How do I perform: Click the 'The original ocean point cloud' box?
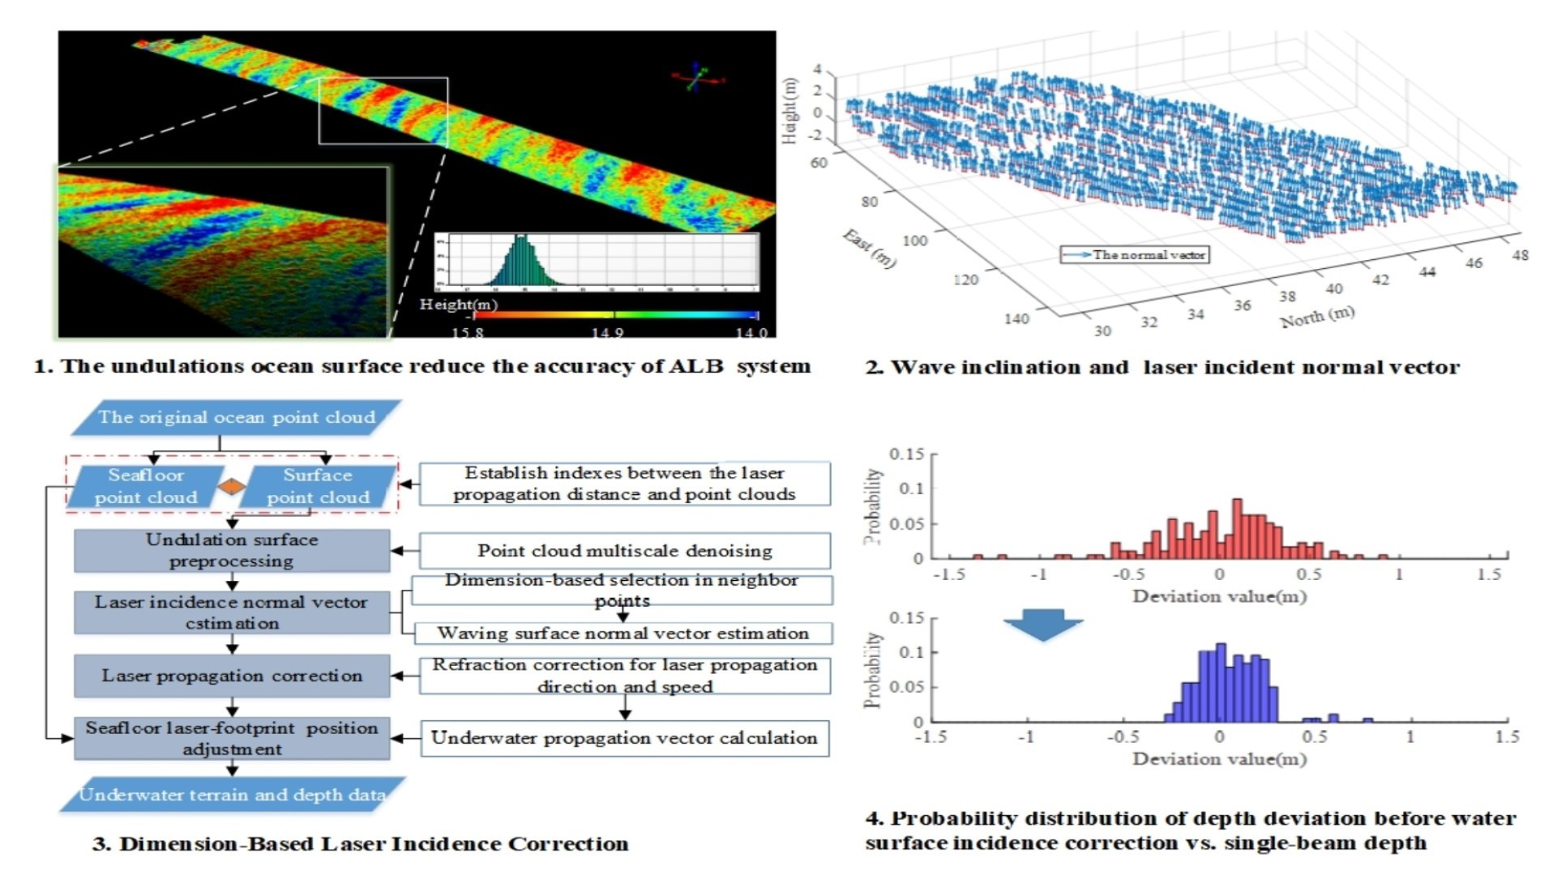[236, 417]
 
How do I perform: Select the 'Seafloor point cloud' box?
[146, 486]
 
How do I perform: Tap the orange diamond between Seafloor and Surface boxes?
[232, 486]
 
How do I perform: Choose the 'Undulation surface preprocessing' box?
[232, 550]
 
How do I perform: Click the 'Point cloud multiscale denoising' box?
[624, 551]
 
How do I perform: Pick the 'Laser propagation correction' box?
[232, 676]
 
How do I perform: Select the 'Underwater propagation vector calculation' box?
[624, 738]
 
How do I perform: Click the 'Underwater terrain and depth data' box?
[232, 795]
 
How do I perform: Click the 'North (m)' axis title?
[1317, 316]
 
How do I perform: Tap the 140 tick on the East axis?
[1016, 318]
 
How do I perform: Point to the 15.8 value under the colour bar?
[468, 332]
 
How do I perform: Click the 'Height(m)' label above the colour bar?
[458, 305]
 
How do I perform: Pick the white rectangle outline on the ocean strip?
[383, 79]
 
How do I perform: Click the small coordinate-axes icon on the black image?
[697, 78]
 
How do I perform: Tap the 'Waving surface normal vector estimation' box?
[622, 634]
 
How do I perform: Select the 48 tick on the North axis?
[1520, 255]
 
